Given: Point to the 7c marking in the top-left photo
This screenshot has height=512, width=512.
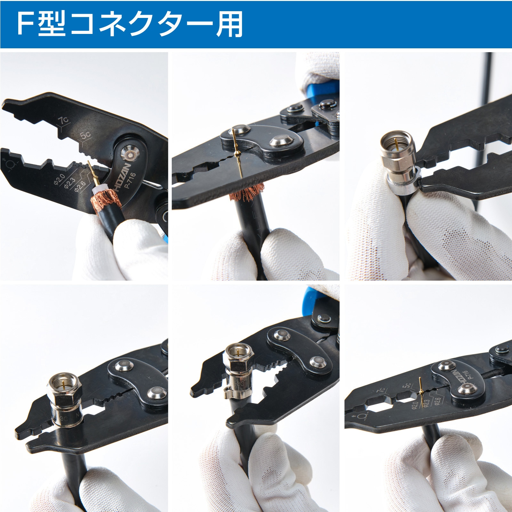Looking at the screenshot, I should [63, 121].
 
